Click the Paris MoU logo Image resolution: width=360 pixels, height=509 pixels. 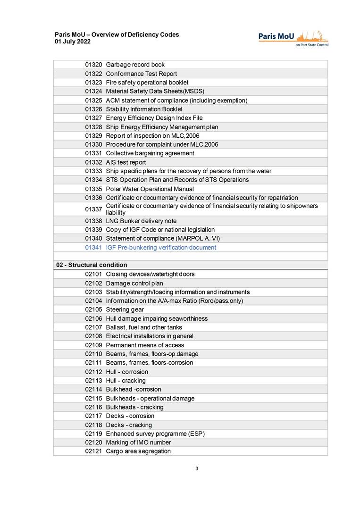click(293, 38)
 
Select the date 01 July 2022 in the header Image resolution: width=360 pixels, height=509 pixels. click(73, 42)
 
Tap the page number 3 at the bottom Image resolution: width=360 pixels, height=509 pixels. click(196, 469)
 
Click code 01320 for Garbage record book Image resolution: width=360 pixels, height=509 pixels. click(93, 65)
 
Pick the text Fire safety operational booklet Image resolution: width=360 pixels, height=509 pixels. click(147, 83)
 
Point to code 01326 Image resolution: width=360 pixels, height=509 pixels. click(93, 109)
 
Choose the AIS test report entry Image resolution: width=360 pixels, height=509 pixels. click(126, 162)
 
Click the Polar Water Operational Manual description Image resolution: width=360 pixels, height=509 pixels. click(150, 189)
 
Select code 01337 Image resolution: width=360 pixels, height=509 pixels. click(93, 209)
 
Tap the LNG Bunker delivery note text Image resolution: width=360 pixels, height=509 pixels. click(141, 221)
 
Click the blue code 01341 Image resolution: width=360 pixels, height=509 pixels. click(93, 248)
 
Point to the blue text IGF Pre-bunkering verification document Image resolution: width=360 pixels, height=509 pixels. click(161, 248)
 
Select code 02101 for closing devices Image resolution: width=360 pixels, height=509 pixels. click(93, 274)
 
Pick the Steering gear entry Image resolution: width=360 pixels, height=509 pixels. click(125, 309)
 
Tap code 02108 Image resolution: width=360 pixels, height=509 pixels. click(93, 336)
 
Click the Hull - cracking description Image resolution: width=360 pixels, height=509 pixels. click(126, 381)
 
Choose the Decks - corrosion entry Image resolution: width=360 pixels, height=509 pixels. click(130, 416)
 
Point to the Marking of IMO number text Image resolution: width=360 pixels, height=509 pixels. click(138, 442)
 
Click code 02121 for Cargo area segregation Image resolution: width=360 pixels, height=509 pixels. click(93, 451)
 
